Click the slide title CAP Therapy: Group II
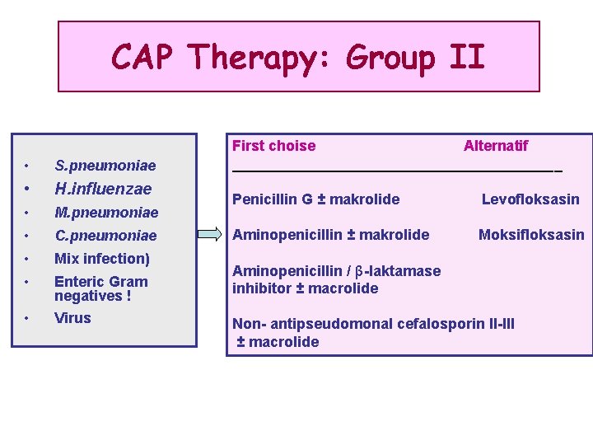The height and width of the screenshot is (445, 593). [x=298, y=58]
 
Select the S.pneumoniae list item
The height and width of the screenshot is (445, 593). [x=105, y=166]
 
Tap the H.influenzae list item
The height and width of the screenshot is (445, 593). [x=103, y=189]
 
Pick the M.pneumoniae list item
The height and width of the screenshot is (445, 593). [x=105, y=213]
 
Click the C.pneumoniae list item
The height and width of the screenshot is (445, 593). [x=105, y=236]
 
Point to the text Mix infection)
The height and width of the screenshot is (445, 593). [x=102, y=259]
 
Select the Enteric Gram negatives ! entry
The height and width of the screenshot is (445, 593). [x=101, y=288]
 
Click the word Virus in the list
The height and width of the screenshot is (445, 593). [x=72, y=318]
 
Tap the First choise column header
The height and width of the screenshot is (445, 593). [x=273, y=146]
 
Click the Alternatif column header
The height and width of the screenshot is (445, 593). [x=496, y=146]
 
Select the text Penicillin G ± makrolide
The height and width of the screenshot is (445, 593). [x=316, y=199]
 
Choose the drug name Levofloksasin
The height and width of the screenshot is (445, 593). [x=530, y=199]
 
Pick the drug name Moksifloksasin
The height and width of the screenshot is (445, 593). [x=531, y=235]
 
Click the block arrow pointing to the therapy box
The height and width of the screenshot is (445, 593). [x=212, y=236]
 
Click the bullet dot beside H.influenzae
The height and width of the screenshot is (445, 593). [x=28, y=190]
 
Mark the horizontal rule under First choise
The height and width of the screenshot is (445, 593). [x=395, y=171]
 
